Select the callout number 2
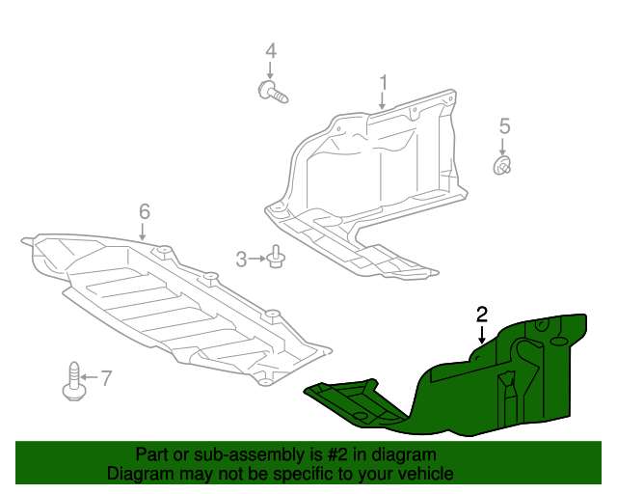[x=481, y=314]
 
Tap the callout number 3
[x=241, y=259]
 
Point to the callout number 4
[x=270, y=50]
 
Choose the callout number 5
[x=503, y=125]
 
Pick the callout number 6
[x=145, y=210]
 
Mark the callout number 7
[x=106, y=377]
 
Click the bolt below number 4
[x=274, y=93]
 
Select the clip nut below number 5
[x=502, y=169]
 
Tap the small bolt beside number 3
[x=278, y=259]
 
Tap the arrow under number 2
[x=481, y=334]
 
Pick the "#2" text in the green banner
[x=337, y=454]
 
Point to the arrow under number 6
[x=144, y=231]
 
